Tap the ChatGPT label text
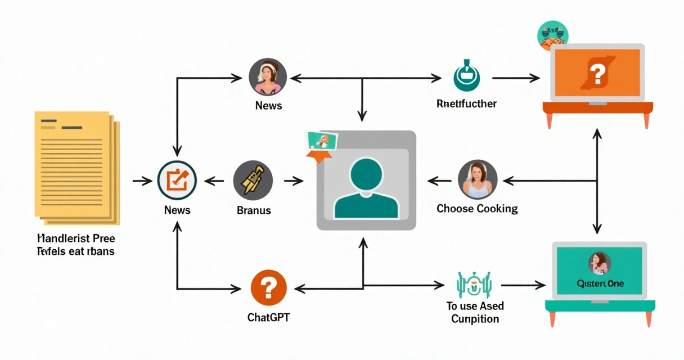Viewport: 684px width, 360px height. [268, 317]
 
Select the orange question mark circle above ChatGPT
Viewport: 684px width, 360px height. [268, 288]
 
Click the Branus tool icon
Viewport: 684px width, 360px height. [253, 181]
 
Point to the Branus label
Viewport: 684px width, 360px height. [254, 210]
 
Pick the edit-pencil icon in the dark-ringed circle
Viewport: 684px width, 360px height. [177, 181]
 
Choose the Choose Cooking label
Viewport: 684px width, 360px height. [477, 209]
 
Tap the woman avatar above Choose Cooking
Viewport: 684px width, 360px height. [478, 179]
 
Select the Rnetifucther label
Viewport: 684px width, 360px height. [466, 104]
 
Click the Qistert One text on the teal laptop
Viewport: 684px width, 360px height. [600, 283]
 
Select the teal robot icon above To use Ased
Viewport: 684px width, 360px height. [475, 285]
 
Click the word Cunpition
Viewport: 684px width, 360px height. [475, 319]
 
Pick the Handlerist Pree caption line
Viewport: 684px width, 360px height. [76, 238]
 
